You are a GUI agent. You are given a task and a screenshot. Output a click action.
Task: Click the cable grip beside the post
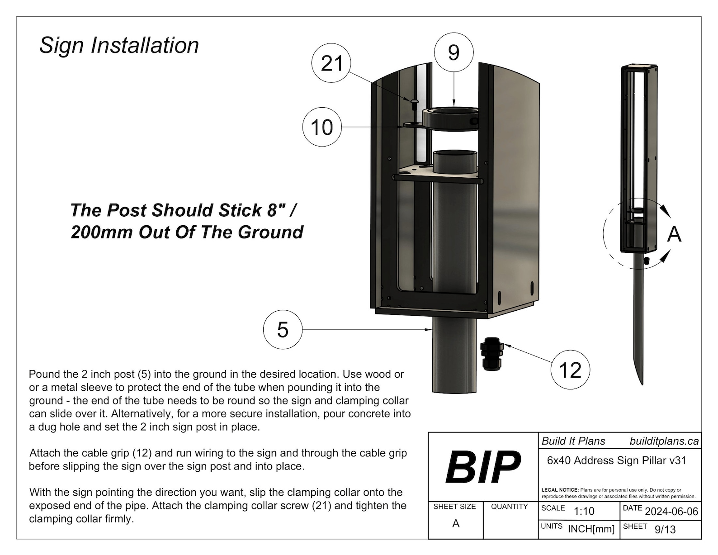coord(491,354)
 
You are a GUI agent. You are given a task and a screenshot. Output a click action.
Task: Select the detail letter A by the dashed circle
coord(675,234)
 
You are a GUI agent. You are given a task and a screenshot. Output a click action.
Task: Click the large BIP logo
coord(483,467)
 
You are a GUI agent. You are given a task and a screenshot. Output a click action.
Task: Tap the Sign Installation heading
coord(119,45)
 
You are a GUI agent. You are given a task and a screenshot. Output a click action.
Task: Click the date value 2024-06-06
coord(671,512)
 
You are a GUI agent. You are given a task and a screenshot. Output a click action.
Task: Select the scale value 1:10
coord(584,511)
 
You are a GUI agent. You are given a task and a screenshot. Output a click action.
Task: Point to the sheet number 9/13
coord(665,530)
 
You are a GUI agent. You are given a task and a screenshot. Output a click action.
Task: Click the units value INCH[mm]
coord(591,529)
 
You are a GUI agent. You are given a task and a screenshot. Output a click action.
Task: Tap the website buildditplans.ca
coord(664,441)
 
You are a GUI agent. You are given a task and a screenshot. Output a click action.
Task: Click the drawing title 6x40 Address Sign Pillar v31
coord(617,460)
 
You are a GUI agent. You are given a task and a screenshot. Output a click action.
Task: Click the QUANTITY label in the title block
coord(509,507)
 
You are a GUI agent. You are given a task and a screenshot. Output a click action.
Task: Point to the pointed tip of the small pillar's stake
coord(642,384)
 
